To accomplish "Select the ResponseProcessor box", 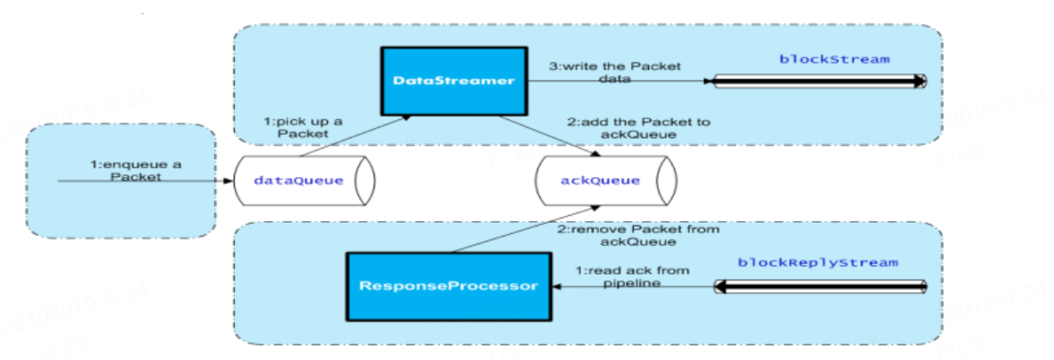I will pos(448,284).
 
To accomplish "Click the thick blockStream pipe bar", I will pos(820,81).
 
